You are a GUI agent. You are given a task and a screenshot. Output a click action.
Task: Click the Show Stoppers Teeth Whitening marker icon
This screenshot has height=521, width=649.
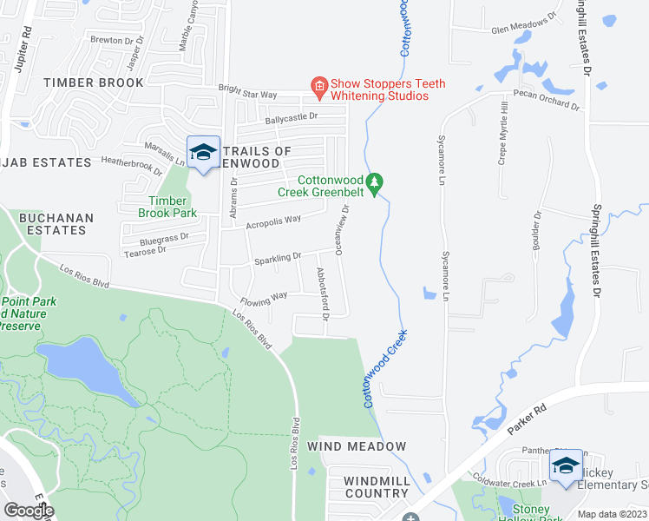[x=319, y=85]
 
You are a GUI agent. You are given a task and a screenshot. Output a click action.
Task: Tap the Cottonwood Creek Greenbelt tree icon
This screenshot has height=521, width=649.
[x=375, y=182]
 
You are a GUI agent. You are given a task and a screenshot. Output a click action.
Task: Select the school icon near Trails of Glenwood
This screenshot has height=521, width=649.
[x=203, y=152]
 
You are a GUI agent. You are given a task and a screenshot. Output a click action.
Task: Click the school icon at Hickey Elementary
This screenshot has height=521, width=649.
[x=566, y=465]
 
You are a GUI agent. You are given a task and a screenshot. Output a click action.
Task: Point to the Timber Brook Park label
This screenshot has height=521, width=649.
[x=167, y=207]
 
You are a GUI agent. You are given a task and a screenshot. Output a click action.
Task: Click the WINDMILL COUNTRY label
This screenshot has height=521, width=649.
[x=376, y=487]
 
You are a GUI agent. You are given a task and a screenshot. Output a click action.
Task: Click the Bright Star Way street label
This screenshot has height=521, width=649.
[x=247, y=91]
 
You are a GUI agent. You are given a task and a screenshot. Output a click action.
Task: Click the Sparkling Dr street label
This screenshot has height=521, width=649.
[x=278, y=257]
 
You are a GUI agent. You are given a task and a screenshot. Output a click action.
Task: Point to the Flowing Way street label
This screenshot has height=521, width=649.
[x=265, y=296]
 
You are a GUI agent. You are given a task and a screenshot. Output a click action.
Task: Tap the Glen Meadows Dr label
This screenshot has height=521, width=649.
[x=523, y=25]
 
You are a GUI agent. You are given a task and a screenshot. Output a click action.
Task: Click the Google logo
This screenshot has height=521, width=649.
[x=29, y=510]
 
